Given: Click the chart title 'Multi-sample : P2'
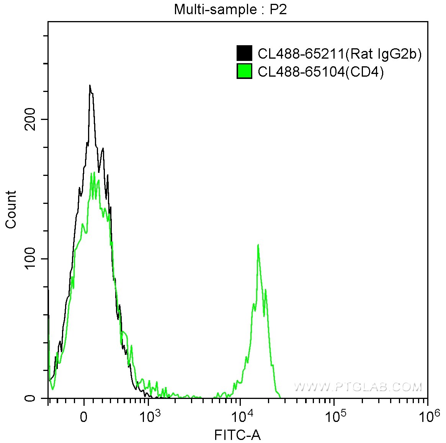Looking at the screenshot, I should coord(230,10).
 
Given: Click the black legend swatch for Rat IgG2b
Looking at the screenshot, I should coord(244,54).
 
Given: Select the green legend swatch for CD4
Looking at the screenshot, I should coord(244,71).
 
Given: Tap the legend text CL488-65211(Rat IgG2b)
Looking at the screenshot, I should coord(340,54).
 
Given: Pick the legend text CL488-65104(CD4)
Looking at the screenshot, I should coord(320,72).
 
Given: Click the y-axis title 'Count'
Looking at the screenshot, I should coord(11,209).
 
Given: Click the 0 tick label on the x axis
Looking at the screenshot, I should coord(83,417).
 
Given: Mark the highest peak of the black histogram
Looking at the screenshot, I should coord(90,85).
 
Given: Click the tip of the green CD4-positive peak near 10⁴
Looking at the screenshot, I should coord(258,244).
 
